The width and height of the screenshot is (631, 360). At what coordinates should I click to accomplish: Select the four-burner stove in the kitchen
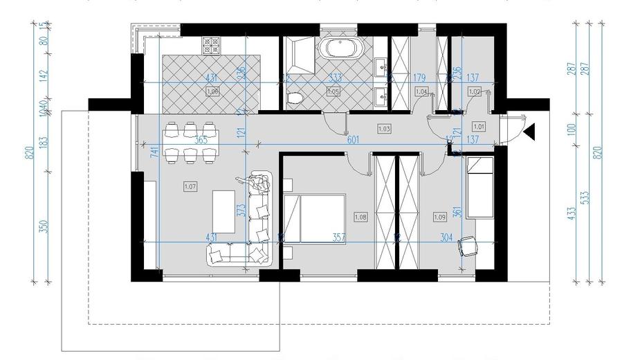(x=211, y=46)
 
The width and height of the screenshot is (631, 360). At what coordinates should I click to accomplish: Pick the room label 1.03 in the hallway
(x=384, y=128)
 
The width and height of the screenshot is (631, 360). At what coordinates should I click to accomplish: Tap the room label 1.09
(x=439, y=216)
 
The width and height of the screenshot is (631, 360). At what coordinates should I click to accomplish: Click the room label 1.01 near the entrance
(x=478, y=126)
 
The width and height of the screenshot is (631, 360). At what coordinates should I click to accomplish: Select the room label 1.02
(x=475, y=91)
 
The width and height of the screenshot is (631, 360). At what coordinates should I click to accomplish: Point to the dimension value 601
(x=353, y=140)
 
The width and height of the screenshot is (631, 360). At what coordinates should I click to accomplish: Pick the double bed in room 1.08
(x=315, y=220)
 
